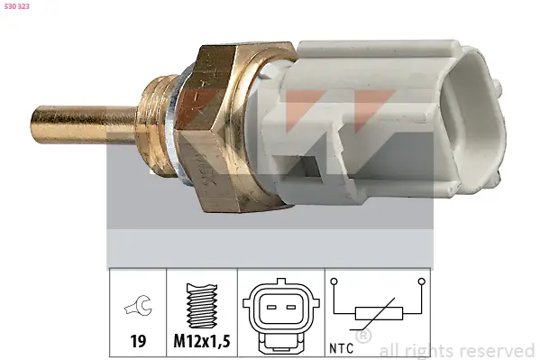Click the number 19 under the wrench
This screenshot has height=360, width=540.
coord(138,343)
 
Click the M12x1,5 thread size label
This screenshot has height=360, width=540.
coord(203,343)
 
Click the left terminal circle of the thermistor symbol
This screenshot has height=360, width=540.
coord(334,282)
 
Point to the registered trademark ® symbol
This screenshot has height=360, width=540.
coord(364,337)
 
